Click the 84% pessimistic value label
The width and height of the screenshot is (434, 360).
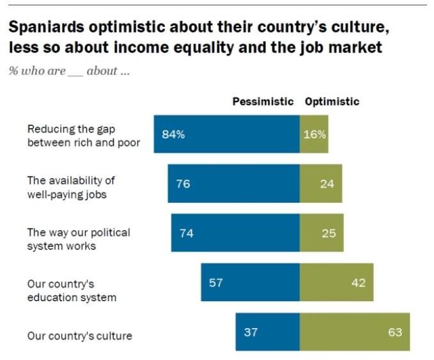point(173,134)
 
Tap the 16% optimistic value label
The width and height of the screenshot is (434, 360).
point(314,134)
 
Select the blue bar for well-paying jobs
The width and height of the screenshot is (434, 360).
point(233,184)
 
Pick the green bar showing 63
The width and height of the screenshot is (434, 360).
point(355,332)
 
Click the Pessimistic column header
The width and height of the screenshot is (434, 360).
point(263,102)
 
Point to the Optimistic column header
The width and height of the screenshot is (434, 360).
point(332,102)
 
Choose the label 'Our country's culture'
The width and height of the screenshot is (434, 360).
point(79,336)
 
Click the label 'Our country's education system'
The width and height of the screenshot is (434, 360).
point(72,290)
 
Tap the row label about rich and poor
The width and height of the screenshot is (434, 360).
point(83,136)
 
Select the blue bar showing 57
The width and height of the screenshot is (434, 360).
point(250,282)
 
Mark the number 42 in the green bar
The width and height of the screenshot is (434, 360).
point(359,282)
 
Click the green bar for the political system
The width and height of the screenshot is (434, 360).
point(322,233)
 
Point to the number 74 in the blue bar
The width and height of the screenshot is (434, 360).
point(186,233)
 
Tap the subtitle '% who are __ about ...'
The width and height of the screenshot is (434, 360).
point(69,71)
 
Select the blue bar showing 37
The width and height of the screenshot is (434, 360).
point(267,332)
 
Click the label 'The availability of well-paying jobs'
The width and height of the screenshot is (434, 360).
point(71,187)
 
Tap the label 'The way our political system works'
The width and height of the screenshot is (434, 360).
point(78,239)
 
